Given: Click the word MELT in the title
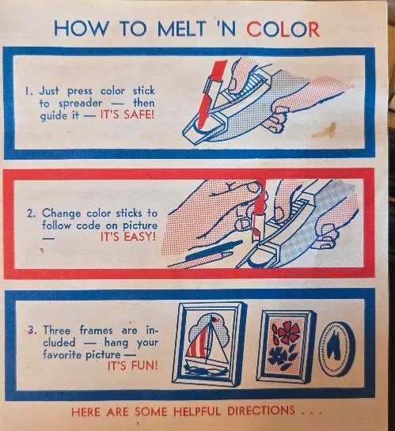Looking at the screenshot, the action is coord(181,28).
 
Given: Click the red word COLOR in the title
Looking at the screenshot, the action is coord(283,28).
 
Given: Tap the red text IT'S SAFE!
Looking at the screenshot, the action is coord(127,115).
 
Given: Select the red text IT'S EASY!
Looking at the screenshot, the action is coord(128,236).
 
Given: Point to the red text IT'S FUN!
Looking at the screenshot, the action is coord(132,365).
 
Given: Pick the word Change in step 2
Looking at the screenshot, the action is coord(62,214).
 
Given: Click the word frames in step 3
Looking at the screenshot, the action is coord(96,330).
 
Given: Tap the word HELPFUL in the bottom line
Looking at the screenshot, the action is coord(197,411).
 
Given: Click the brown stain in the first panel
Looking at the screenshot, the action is coord(325,130).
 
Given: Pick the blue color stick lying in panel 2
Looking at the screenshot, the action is coord(215,251).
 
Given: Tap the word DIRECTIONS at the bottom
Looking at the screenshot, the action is coord(261,410).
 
